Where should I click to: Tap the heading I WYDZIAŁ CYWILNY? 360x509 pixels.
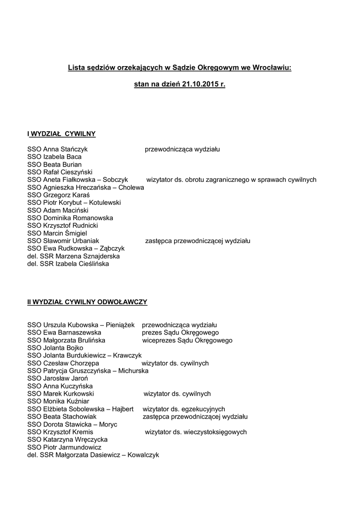pyautogui.click(x=62, y=133)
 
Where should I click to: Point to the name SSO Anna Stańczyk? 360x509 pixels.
pyautogui.click(x=58, y=149)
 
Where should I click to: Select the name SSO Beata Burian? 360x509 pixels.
pyautogui.click(x=55, y=164)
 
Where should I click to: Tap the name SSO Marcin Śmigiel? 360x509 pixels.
pyautogui.click(x=57, y=233)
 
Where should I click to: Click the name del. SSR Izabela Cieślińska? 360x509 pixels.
pyautogui.click(x=68, y=264)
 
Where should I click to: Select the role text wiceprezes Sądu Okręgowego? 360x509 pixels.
pyautogui.click(x=187, y=340)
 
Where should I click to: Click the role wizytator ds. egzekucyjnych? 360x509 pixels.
pyautogui.click(x=184, y=409)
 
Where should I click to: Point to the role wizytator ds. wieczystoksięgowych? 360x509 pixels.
pyautogui.click(x=196, y=432)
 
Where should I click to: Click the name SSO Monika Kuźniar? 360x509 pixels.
pyautogui.click(x=58, y=401)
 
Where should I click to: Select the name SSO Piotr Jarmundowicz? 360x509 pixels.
pyautogui.click(x=64, y=447)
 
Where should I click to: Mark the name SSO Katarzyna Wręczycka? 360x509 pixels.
pyautogui.click(x=67, y=439)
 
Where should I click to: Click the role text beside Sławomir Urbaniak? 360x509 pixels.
pyautogui.click(x=197, y=241)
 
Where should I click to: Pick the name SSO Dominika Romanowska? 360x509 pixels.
pyautogui.click(x=70, y=218)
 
